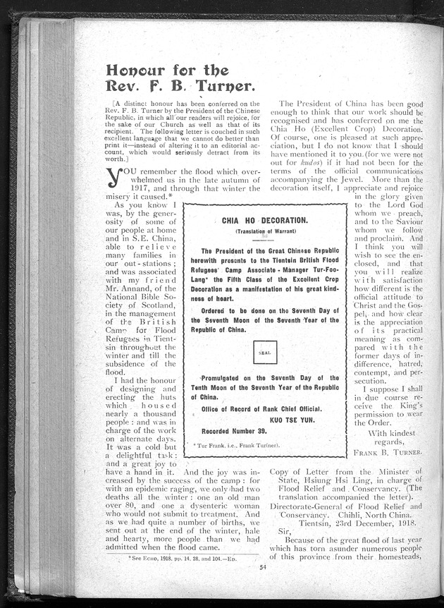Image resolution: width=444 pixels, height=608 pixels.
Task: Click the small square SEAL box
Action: (264, 353)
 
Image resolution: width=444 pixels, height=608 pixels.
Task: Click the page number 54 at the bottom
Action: (264, 567)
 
